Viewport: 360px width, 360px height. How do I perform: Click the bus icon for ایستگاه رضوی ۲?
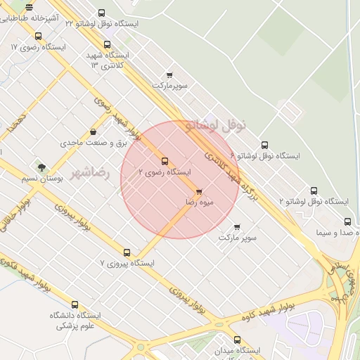[165, 161]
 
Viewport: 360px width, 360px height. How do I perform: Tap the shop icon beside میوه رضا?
[199, 191]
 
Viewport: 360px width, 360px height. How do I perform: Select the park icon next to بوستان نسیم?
[41, 167]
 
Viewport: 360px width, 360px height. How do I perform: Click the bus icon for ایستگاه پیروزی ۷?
[127, 252]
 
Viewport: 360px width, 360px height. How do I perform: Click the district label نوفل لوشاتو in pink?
[217, 126]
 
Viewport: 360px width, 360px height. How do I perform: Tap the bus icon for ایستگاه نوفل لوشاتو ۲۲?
[102, 13]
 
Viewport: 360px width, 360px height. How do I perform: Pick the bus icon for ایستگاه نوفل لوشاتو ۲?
[314, 191]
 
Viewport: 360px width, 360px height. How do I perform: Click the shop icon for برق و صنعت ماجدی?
[94, 131]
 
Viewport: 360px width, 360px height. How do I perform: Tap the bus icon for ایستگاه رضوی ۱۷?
[39, 36]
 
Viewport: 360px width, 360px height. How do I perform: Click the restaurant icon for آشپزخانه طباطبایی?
[30, 8]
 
